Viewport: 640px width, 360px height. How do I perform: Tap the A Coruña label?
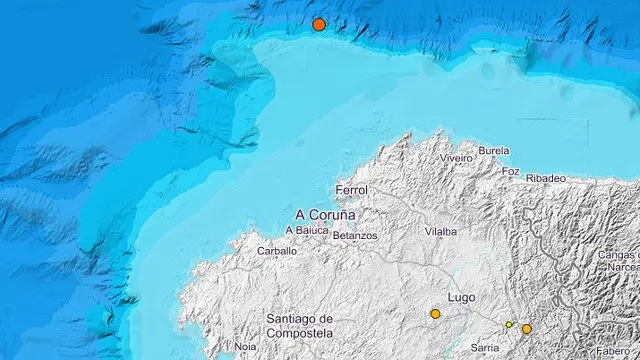tap(326, 213)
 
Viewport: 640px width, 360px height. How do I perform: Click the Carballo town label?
tap(277, 251)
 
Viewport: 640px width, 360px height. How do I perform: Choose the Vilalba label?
tap(440, 231)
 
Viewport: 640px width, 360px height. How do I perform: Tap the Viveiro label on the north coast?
tap(456, 158)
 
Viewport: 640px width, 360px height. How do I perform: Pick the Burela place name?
tap(494, 151)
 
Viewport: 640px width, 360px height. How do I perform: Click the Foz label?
tap(510, 171)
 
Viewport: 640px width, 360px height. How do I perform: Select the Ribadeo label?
tap(546, 178)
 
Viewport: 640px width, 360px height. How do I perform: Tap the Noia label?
tap(245, 346)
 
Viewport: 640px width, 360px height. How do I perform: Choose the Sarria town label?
tap(484, 347)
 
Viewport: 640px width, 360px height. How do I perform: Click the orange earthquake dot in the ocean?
tap(319, 24)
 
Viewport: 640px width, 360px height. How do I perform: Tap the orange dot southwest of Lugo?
tap(435, 314)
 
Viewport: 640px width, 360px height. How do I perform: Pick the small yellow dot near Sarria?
tap(509, 324)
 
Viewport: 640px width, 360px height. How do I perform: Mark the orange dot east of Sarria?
tap(527, 329)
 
